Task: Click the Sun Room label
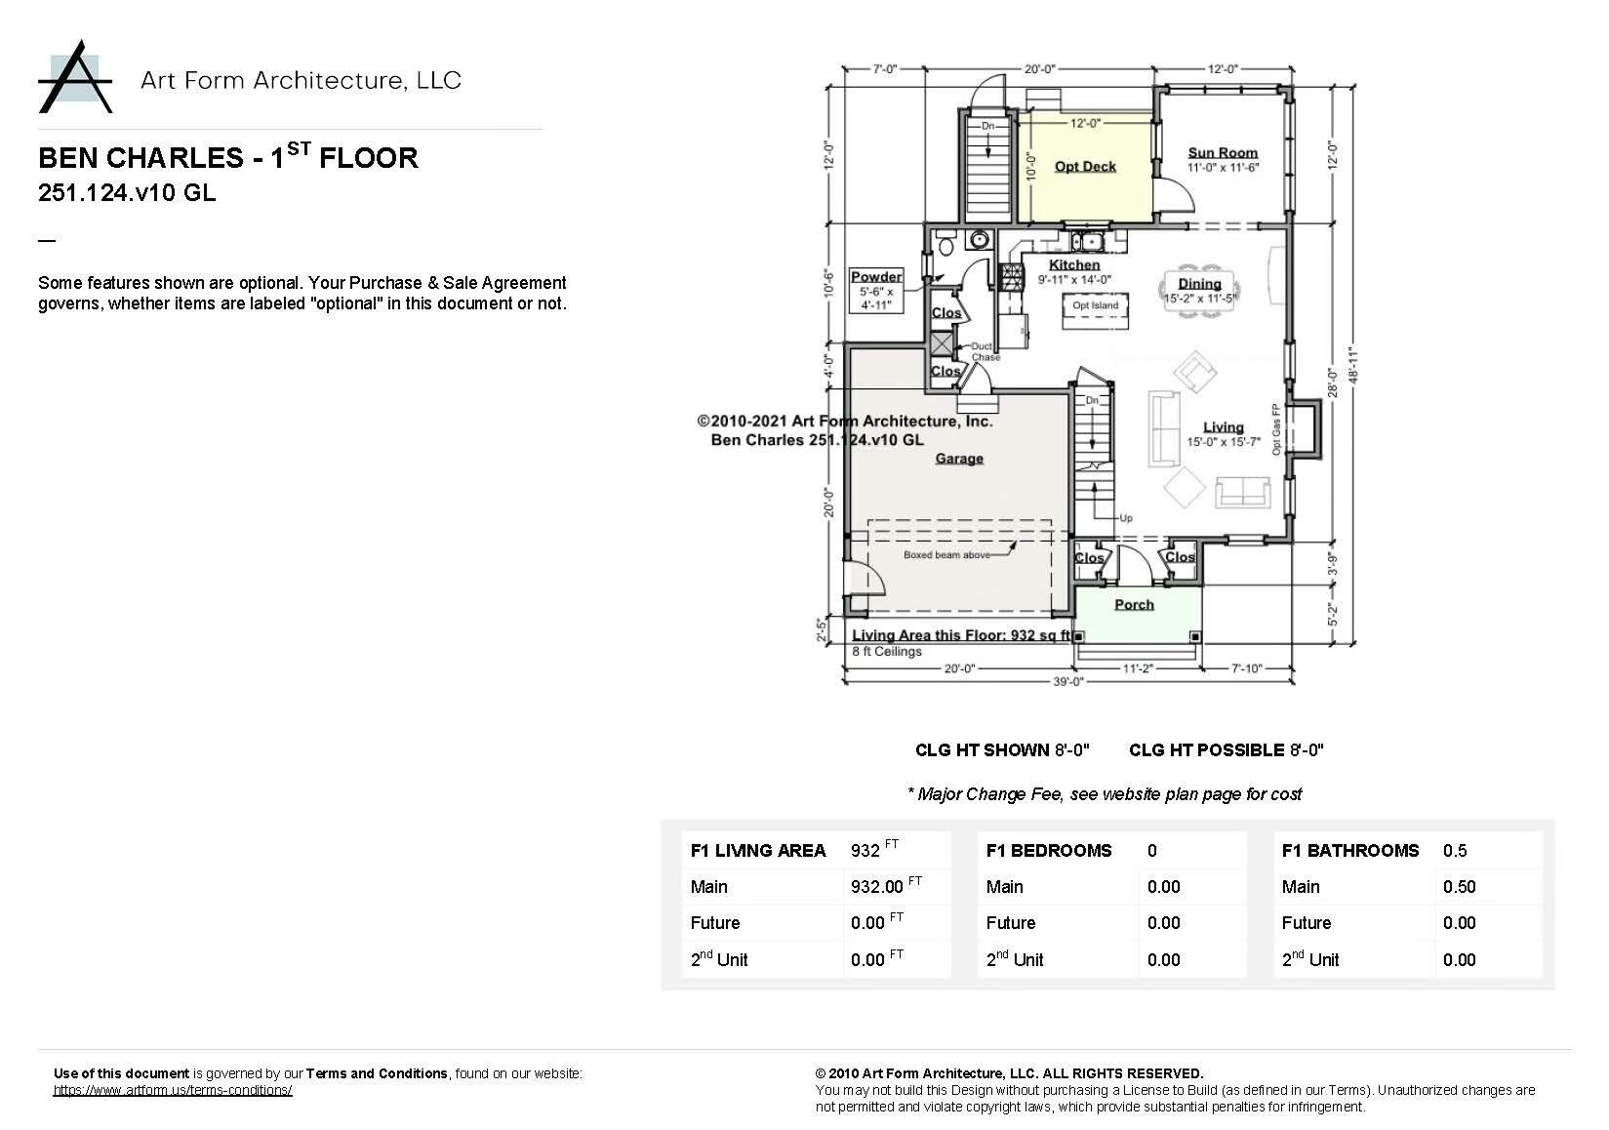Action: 1223,152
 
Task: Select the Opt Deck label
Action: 1085,167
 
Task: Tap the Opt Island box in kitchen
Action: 1095,305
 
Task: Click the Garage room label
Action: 959,459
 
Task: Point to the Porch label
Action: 1134,605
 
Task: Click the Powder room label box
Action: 876,290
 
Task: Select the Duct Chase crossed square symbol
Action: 941,343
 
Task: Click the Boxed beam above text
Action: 946,554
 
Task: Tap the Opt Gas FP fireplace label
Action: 1275,430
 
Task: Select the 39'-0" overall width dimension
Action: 1068,682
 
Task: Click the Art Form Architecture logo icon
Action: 76,77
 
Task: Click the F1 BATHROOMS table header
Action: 1349,851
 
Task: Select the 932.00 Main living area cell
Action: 877,887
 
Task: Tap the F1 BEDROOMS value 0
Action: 1151,851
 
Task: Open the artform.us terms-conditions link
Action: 173,1090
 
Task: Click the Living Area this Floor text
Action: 961,635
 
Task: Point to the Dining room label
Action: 1199,284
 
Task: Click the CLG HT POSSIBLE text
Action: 1206,750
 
